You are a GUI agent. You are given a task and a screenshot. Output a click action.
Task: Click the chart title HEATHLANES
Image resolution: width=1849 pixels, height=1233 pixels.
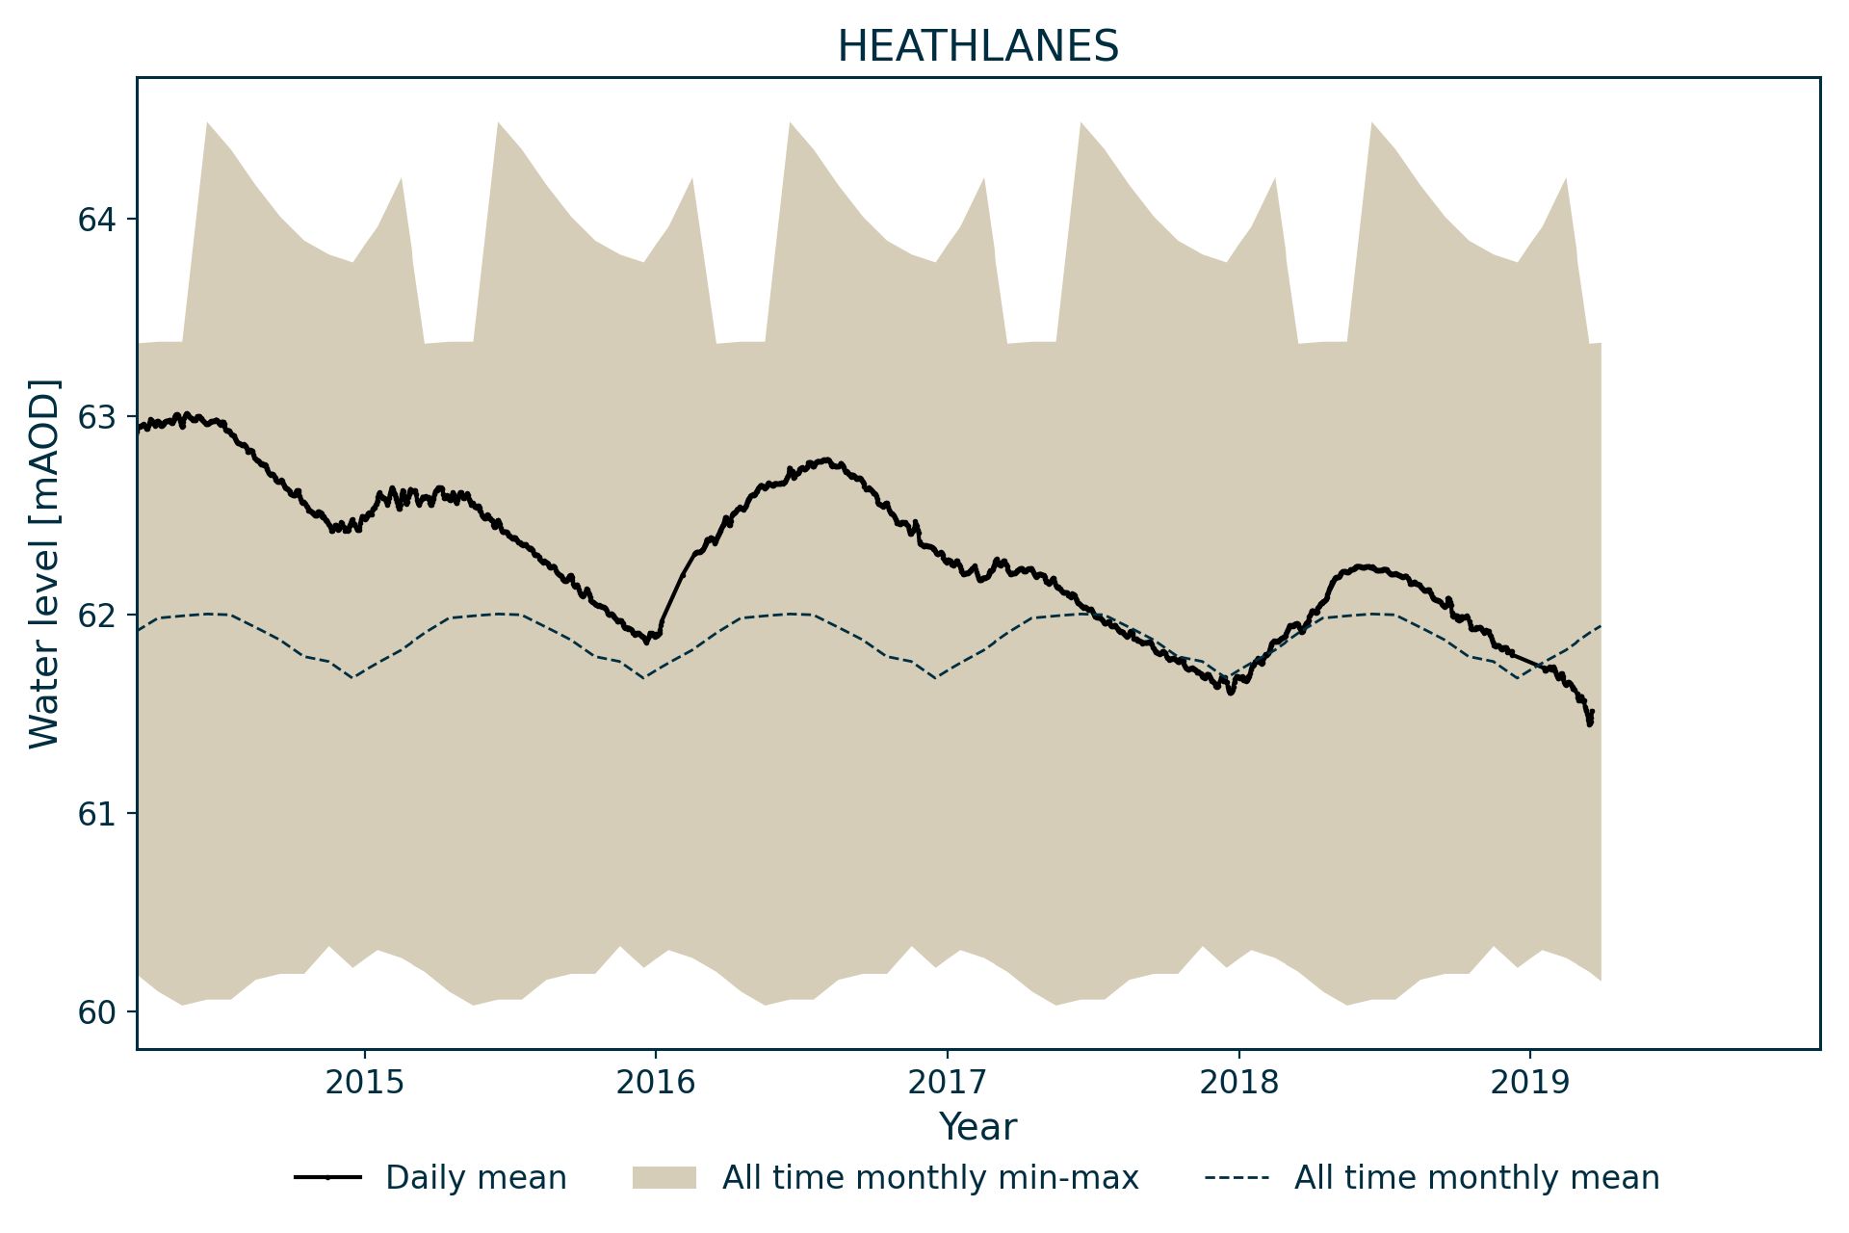[977, 46]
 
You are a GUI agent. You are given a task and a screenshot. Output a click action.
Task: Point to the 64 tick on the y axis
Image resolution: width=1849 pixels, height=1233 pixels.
[97, 220]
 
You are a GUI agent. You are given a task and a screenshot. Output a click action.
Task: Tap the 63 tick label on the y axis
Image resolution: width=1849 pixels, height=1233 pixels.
[97, 418]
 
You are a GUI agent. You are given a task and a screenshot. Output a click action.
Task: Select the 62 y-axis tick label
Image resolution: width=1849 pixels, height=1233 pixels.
[97, 616]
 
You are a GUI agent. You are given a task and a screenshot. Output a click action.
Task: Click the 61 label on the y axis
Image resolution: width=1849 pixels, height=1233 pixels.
[97, 814]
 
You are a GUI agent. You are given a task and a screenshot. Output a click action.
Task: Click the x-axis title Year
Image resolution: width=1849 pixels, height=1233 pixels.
[977, 1127]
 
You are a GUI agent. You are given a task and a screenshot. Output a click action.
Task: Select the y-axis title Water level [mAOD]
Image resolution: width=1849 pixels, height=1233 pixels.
[44, 564]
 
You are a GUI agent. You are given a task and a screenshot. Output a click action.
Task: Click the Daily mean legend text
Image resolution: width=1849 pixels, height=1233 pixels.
[476, 1177]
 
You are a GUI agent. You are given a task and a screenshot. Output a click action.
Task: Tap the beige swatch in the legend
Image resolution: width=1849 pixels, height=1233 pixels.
[664, 1177]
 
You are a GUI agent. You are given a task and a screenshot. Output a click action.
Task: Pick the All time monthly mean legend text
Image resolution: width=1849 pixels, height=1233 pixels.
[1476, 1177]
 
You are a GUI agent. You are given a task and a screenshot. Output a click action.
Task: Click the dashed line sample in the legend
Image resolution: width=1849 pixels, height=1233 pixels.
[1237, 1177]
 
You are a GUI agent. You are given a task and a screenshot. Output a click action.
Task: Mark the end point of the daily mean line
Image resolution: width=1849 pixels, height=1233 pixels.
[1592, 712]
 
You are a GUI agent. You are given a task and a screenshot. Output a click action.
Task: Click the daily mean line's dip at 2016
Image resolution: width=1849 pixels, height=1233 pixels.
[647, 642]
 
